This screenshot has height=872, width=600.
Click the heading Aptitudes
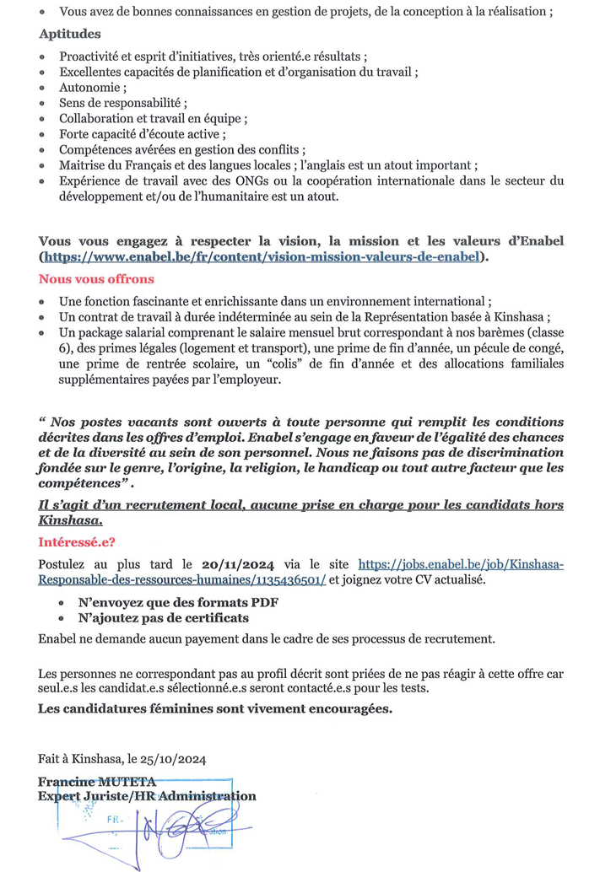click(x=69, y=35)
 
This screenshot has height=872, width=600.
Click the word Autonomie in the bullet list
click(x=90, y=88)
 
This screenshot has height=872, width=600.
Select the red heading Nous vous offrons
click(x=96, y=278)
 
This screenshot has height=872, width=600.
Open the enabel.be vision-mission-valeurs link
click(x=262, y=256)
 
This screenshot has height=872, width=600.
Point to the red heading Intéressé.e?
click(x=77, y=542)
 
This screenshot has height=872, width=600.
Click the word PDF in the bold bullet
click(x=263, y=602)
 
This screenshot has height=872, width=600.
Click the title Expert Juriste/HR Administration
click(x=147, y=795)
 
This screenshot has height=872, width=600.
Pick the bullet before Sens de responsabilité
click(x=44, y=104)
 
